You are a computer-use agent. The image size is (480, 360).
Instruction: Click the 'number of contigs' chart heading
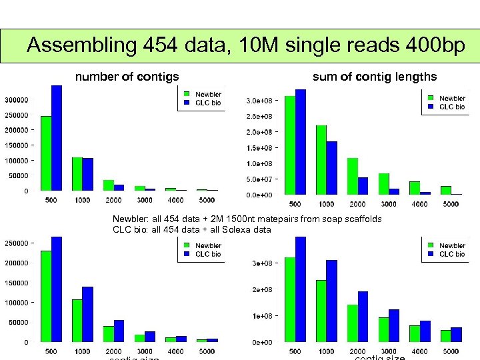127,77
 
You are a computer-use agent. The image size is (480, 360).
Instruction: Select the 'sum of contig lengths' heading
375,77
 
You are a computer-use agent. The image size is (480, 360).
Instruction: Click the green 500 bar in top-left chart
46,153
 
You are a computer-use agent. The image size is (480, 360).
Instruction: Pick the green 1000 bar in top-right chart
321,159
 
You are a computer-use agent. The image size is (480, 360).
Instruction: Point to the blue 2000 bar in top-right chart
363,186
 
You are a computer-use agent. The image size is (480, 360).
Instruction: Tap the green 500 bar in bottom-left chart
46,296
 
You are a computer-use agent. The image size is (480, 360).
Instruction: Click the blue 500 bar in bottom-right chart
301,289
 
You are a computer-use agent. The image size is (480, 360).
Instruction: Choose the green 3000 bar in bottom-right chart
384,329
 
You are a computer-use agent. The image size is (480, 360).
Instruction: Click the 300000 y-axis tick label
17,101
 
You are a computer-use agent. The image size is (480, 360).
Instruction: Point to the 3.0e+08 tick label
259,101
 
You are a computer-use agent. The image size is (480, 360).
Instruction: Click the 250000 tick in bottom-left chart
17,243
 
